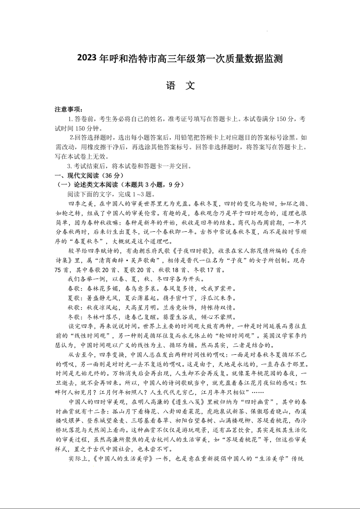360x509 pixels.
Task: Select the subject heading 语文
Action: pos(180,86)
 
